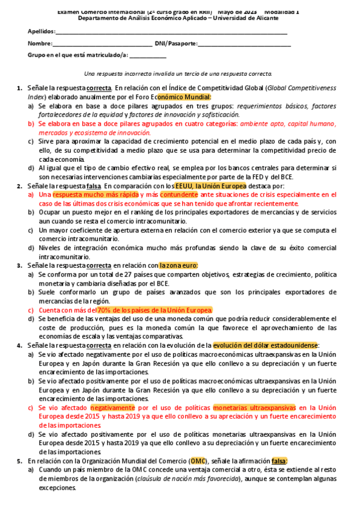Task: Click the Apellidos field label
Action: [41, 31]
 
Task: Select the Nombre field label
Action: [40, 43]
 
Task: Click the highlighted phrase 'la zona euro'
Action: [178, 265]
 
